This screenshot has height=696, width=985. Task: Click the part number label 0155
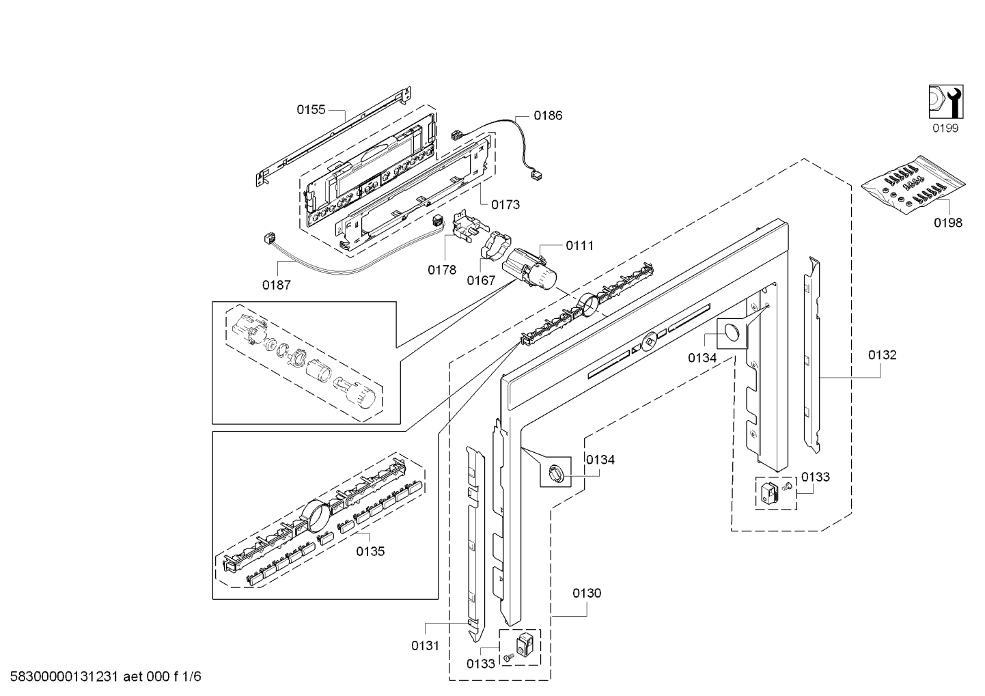(311, 109)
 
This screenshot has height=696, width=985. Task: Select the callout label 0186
(548, 115)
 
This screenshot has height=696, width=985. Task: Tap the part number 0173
(505, 204)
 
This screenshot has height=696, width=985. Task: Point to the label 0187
(277, 285)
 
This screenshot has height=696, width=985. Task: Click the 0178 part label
(442, 270)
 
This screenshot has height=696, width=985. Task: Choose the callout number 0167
(481, 280)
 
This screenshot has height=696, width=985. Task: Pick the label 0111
(579, 245)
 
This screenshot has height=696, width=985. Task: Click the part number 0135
(370, 552)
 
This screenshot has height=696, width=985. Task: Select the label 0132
(883, 354)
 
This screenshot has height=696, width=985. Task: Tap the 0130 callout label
(587, 593)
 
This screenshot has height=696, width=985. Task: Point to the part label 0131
(425, 645)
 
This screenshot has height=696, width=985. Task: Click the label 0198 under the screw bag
(948, 223)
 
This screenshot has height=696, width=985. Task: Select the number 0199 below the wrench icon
(945, 128)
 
